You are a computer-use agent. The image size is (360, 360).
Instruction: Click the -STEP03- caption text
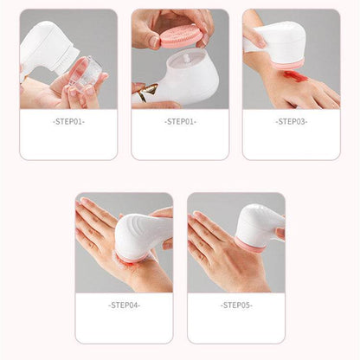(x=291, y=122)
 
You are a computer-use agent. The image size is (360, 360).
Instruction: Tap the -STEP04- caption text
(x=125, y=305)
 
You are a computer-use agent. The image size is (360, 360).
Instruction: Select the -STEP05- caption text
(x=236, y=305)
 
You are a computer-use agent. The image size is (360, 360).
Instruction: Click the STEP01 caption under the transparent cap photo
(x=67, y=122)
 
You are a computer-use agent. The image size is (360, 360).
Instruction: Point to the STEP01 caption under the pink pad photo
(x=179, y=122)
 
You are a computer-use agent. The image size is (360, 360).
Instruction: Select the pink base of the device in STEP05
(x=250, y=247)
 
